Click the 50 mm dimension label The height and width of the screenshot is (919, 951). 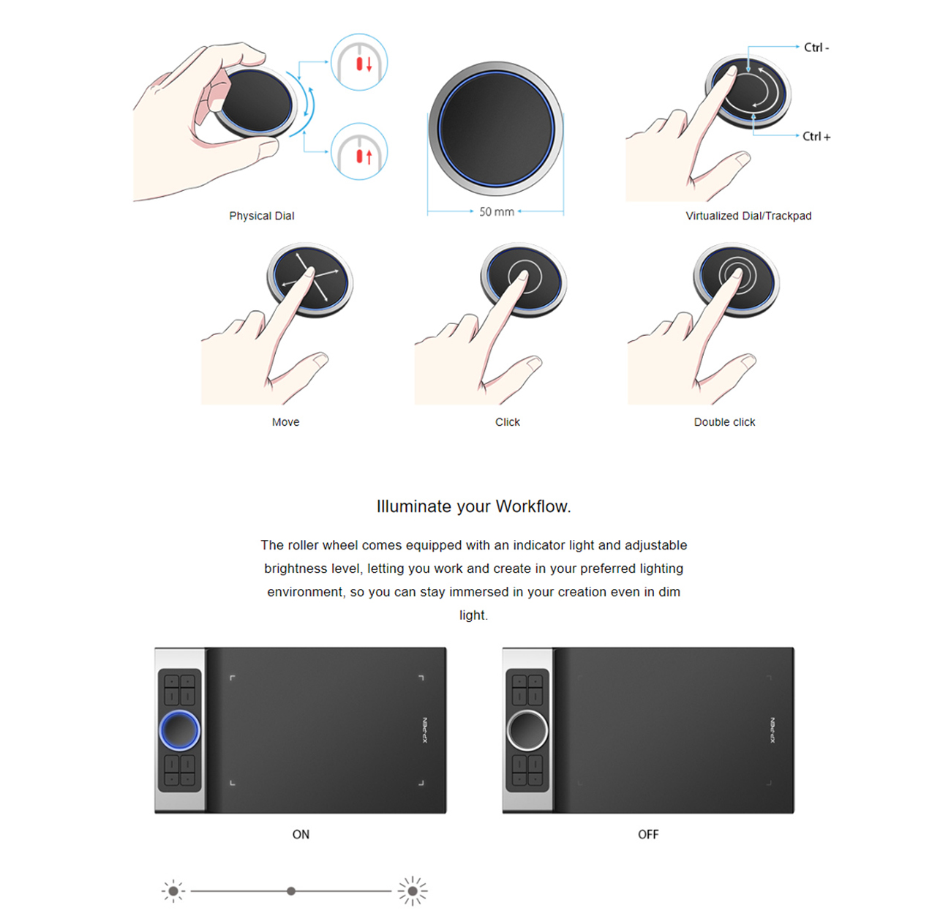click(x=496, y=212)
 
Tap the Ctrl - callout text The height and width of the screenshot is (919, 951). click(x=816, y=48)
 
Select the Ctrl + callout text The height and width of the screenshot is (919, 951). click(x=816, y=137)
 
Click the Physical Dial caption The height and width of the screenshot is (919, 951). click(x=261, y=216)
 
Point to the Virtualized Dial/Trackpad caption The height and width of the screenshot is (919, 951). click(x=748, y=216)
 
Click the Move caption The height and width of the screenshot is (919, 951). click(x=285, y=422)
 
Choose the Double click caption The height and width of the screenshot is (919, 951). click(x=724, y=422)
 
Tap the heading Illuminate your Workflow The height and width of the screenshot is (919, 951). click(x=473, y=506)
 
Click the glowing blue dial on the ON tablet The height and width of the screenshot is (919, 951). click(x=179, y=729)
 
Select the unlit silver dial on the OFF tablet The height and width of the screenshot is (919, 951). click(x=527, y=729)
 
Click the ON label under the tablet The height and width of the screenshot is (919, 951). click(x=301, y=834)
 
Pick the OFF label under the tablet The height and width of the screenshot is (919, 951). click(x=648, y=834)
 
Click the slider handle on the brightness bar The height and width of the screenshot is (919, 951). click(x=291, y=891)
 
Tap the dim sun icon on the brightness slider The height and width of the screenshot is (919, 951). click(x=173, y=891)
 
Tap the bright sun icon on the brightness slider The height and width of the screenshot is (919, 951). click(x=413, y=891)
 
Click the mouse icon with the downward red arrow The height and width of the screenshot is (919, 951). click(x=359, y=63)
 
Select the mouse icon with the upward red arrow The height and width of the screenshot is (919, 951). click(x=359, y=153)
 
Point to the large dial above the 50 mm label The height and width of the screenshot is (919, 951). click(x=496, y=128)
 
